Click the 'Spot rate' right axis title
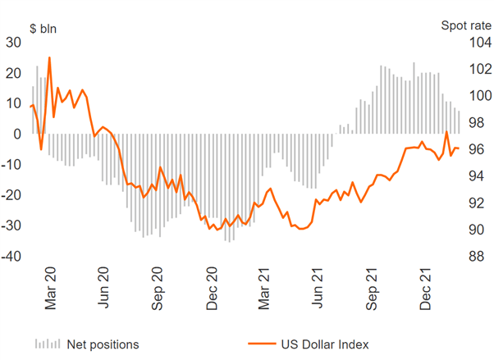click(x=464, y=26)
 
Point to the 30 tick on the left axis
click(x=14, y=43)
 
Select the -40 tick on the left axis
click(x=11, y=257)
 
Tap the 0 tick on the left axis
click(x=17, y=134)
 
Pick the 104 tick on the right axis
click(x=478, y=43)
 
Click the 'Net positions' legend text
click(x=103, y=344)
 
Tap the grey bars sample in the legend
click(x=47, y=344)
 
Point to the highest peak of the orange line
click(x=49, y=58)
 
